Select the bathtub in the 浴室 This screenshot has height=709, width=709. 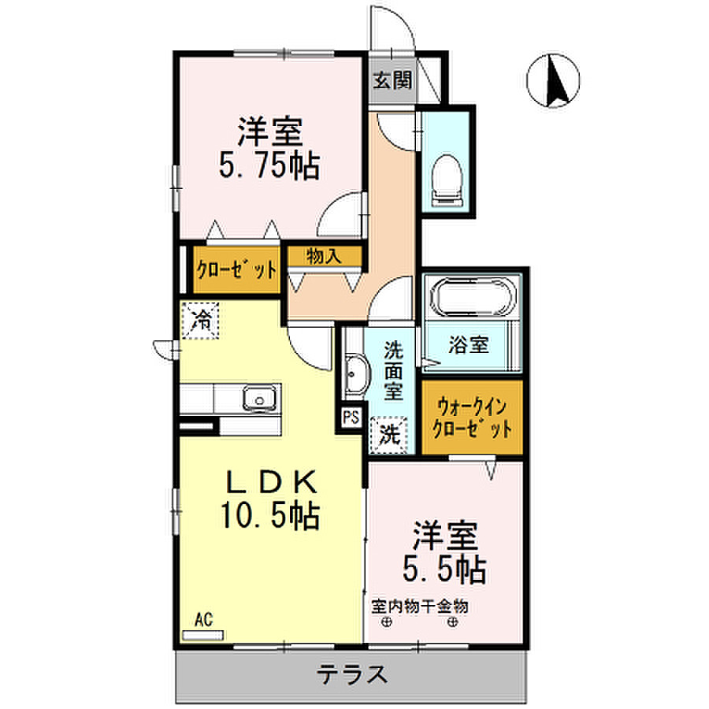(473, 297)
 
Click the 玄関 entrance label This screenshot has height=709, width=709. (392, 81)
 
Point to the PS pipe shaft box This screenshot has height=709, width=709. (351, 417)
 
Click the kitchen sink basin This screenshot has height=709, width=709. (259, 399)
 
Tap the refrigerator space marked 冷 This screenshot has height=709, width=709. (200, 320)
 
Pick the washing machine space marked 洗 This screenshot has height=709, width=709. (389, 435)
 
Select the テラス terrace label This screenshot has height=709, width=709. (352, 674)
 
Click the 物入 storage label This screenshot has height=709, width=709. (324, 256)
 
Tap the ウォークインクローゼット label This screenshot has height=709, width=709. (472, 418)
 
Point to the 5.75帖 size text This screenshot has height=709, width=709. (269, 165)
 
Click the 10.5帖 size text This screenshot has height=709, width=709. (270, 514)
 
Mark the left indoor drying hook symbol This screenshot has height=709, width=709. (387, 622)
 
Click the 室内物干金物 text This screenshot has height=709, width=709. (420, 607)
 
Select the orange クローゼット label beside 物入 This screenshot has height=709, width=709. (236, 270)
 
